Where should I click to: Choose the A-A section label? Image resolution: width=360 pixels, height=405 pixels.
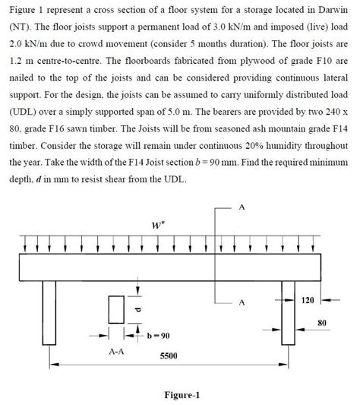pos(116,352)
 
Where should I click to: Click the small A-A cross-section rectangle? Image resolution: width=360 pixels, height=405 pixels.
pos(116,310)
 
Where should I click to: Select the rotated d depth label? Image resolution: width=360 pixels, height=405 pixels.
pos(137,310)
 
